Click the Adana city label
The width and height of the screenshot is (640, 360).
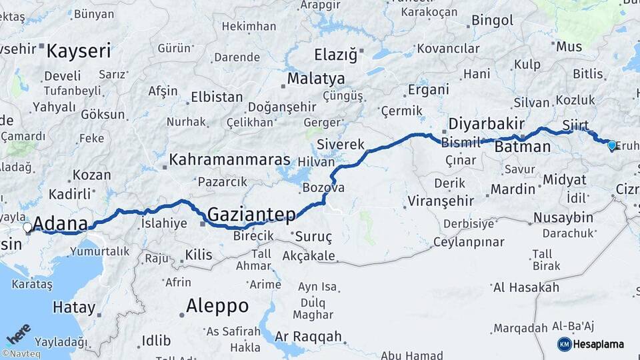[60, 223]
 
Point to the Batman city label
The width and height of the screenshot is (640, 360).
[523, 147]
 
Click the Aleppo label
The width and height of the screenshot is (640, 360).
[217, 306]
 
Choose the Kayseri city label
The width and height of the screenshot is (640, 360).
[78, 51]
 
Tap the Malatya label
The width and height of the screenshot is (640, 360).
[315, 79]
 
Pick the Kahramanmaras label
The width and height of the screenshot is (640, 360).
[229, 160]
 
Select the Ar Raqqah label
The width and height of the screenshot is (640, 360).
[308, 337]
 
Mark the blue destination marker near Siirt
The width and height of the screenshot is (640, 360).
[611, 144]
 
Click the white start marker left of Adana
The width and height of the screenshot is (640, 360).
[27, 227]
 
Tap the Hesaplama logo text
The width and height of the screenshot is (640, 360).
[598, 344]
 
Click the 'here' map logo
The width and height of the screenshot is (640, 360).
[18, 334]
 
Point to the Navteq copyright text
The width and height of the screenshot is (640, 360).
[21, 353]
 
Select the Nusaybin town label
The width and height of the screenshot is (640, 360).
[563, 217]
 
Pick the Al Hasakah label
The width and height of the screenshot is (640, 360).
[525, 287]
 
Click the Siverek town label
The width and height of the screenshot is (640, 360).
[341, 144]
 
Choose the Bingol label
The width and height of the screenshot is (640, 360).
[492, 20]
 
